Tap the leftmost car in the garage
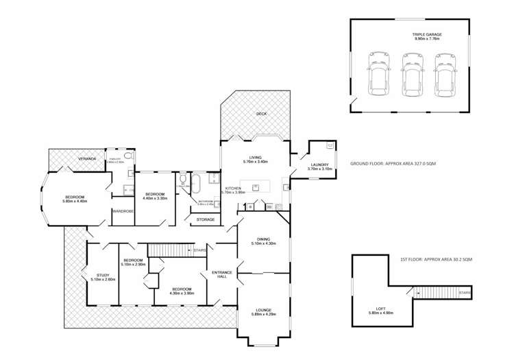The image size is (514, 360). click(x=378, y=74)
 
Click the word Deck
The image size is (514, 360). click(x=260, y=114)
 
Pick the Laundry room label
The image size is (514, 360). click(x=319, y=165)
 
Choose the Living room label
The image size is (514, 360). click(x=255, y=158)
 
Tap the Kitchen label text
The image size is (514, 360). click(x=233, y=187)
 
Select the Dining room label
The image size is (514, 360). click(x=262, y=240)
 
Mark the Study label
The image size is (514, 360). click(x=102, y=276)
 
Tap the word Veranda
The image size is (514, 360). click(x=86, y=159)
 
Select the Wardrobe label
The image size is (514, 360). click(x=122, y=211)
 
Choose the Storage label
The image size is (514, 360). click(x=205, y=219)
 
